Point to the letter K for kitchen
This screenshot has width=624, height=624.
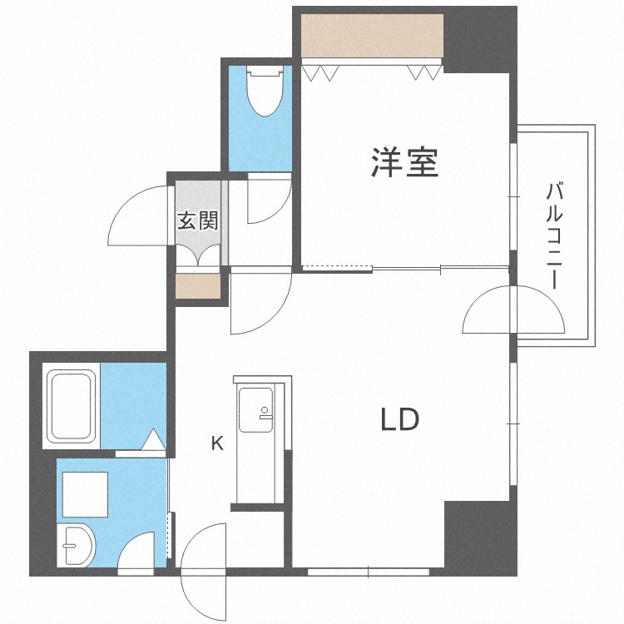click(216, 444)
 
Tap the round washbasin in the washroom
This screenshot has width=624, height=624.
click(77, 546)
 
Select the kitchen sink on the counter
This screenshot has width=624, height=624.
click(255, 409)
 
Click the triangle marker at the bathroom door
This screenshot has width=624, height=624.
click(153, 438)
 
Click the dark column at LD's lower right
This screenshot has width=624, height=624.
click(476, 535)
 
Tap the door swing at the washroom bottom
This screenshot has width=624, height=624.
click(137, 553)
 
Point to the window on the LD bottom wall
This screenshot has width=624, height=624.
click(369, 572)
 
